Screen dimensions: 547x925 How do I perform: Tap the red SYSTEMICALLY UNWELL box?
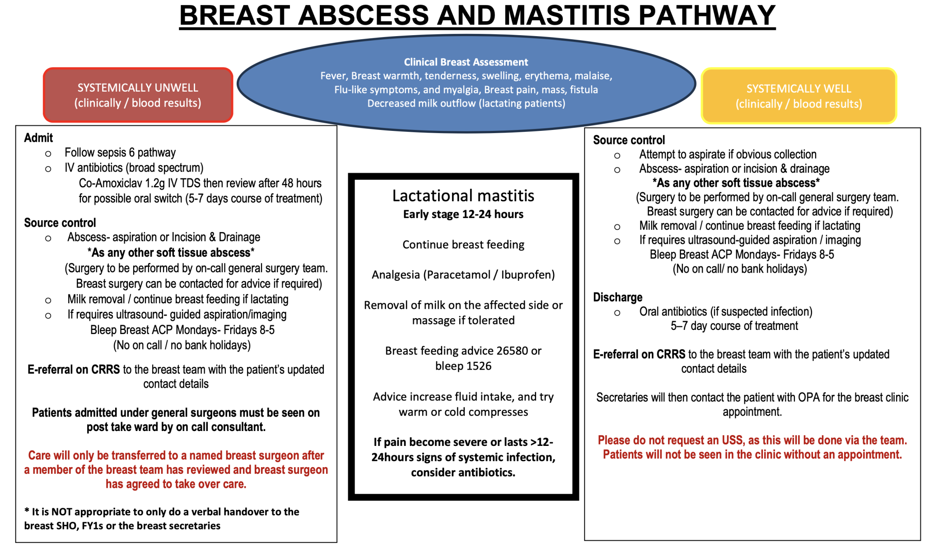click(138, 95)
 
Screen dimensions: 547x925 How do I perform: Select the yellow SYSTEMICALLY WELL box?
click(799, 96)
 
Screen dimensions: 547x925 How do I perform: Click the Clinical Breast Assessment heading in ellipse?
click(466, 62)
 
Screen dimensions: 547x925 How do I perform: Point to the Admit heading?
click(38, 138)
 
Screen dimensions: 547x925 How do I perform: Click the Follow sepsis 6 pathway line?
click(120, 153)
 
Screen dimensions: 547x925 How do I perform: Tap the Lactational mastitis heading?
click(463, 196)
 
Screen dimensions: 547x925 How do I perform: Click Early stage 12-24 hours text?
click(463, 214)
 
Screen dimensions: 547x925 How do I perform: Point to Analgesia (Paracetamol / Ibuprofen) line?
click(463, 275)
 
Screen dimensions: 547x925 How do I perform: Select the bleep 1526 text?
click(463, 366)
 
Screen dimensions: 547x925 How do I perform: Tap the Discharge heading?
click(617, 297)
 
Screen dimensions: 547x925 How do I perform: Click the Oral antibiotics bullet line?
click(725, 312)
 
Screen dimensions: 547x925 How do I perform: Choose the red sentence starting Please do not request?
click(752, 440)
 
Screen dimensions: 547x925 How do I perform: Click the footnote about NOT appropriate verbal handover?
click(162, 512)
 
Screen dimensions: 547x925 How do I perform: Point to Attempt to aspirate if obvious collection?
click(727, 154)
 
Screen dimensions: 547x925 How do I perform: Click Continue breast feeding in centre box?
click(463, 245)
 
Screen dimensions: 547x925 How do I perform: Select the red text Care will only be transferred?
click(176, 456)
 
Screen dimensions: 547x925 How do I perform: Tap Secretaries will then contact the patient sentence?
click(752, 398)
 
